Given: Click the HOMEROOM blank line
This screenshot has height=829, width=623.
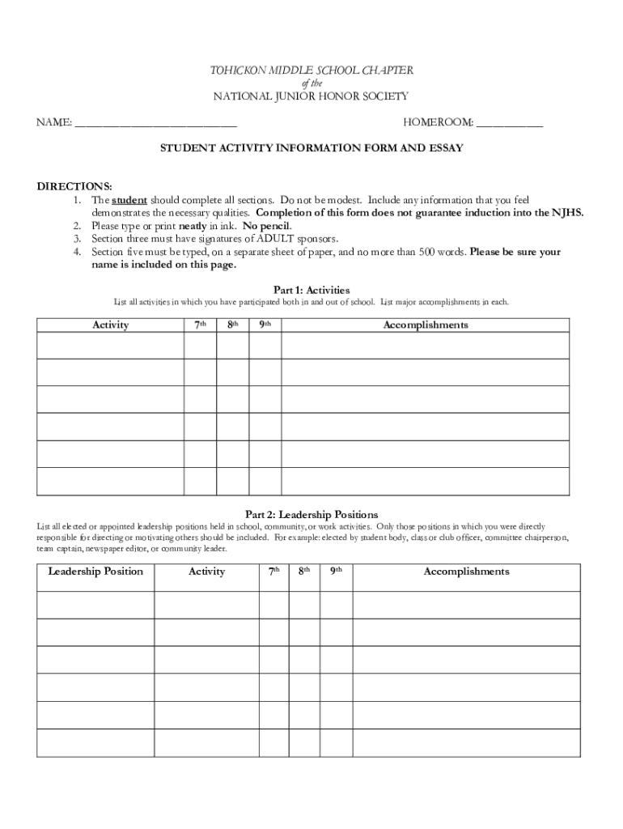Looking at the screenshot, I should point(510,124).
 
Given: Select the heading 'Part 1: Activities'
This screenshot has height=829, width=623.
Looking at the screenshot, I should point(311,289).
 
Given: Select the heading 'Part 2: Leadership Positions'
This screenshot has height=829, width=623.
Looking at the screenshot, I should point(311,514).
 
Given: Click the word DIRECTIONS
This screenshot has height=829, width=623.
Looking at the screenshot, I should point(74,186).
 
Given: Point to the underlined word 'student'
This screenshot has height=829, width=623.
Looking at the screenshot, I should point(129,200).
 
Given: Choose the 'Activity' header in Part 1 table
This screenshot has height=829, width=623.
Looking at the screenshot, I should point(111,325).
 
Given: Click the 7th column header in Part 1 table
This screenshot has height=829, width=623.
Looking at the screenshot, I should point(200,325).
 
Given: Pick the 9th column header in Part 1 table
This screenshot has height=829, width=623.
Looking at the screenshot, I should point(265,325).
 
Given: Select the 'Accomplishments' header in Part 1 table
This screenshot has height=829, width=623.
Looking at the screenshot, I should point(426,325).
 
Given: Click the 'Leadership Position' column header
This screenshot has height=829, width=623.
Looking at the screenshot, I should point(95,572).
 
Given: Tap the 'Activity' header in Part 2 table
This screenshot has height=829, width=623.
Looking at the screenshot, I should point(206,572).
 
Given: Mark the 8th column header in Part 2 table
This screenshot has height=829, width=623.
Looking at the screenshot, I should point(304,572).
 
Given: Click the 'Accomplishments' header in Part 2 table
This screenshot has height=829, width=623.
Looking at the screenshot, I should point(466,572).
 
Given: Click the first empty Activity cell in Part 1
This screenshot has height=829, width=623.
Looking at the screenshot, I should point(111,345).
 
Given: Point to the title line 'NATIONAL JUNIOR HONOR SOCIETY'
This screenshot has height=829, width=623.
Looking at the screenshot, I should point(311,96).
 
